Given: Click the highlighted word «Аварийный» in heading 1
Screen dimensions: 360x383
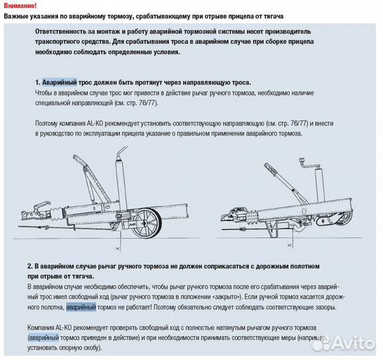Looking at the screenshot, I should [59, 81].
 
